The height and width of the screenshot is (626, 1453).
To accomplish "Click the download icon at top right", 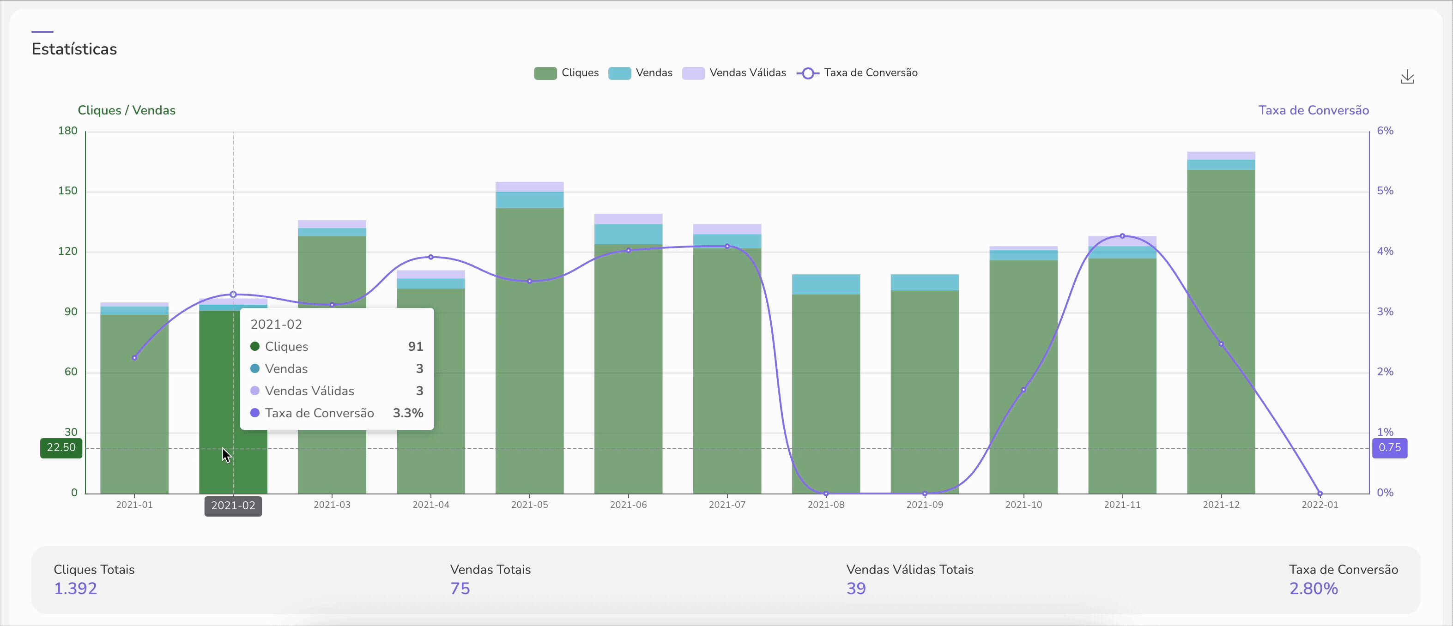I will [1407, 77].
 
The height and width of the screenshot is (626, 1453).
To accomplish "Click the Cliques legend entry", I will [566, 73].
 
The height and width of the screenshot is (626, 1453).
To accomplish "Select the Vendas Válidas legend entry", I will [734, 73].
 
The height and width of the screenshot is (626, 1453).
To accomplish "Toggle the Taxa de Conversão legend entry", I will [857, 73].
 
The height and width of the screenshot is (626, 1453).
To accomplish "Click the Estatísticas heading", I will [74, 49].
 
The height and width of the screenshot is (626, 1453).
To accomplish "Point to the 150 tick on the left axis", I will [68, 191].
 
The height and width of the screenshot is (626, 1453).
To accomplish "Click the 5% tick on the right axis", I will [1385, 191].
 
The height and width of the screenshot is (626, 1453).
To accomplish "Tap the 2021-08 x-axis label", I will [826, 505].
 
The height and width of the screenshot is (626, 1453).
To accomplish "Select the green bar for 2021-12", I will [1221, 338].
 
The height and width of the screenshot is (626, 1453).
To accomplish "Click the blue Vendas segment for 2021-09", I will [925, 283].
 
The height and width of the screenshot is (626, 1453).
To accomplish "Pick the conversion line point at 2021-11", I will [1122, 236].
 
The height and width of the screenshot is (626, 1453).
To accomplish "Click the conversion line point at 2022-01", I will [1320, 494].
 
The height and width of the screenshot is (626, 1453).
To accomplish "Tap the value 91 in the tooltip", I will [415, 346].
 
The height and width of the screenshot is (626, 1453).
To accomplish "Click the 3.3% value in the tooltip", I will [407, 413].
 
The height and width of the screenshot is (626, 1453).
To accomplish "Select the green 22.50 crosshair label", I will [61, 448].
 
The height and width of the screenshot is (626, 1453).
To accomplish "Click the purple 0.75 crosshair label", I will [1389, 448].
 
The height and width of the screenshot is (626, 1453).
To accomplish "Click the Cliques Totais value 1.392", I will [75, 588].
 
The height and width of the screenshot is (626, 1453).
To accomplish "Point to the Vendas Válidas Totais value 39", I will [856, 588].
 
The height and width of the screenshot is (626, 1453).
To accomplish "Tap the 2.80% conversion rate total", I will [1313, 588].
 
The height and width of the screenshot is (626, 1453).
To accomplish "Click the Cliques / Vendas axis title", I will [127, 110].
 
